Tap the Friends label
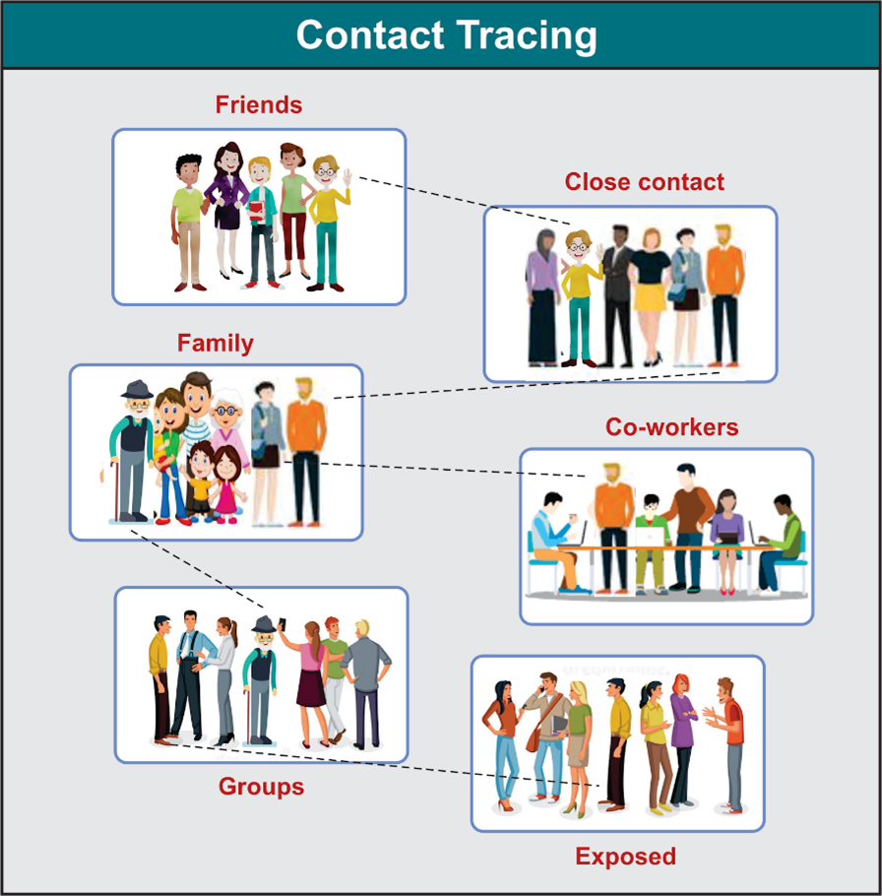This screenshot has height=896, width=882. point(259,104)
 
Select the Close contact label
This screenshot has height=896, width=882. point(644,182)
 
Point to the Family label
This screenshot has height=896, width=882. point(215,344)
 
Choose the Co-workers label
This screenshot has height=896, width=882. point(671,427)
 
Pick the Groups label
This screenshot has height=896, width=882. point(261,787)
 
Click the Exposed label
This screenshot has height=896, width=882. point(626,857)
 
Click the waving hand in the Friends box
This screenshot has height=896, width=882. point(346,177)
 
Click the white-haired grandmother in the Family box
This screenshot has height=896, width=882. point(227,423)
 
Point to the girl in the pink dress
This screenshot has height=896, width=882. point(227,482)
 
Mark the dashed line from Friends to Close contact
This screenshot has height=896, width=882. point(463,200)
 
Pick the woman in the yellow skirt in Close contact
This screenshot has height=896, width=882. point(651,286)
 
